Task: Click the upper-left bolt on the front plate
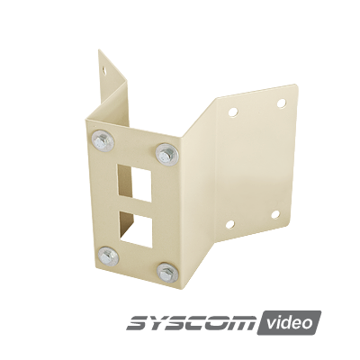click(x=101, y=139)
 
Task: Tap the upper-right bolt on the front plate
click(x=166, y=153)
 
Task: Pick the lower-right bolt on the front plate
click(x=169, y=272)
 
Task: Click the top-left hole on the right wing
click(x=233, y=112)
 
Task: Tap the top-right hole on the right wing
click(x=281, y=103)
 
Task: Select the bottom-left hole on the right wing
click(x=229, y=224)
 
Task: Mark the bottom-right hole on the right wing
click(x=276, y=215)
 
